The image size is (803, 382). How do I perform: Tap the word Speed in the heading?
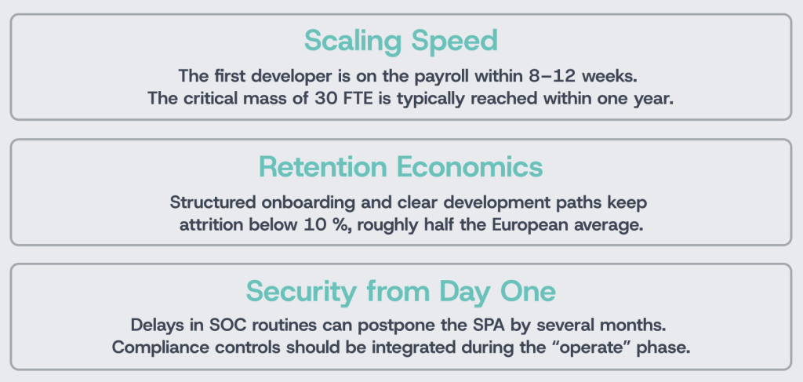coord(455,41)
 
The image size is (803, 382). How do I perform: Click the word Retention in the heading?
coord(323,167)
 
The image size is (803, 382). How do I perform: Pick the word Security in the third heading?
coord(301,292)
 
